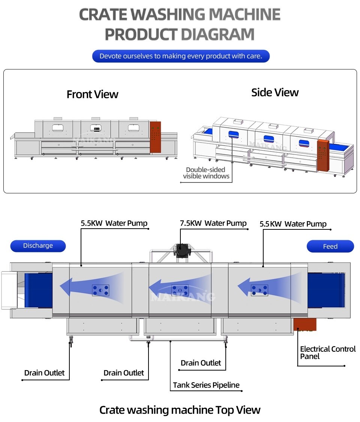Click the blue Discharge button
tap(38, 246)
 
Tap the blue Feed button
tap(330, 247)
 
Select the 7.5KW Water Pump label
tap(213, 223)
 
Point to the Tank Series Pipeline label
tap(206, 385)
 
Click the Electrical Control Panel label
tap(327, 353)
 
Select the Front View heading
tap(92, 94)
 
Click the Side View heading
tap(275, 93)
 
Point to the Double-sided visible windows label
tap(206, 173)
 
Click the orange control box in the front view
tap(155, 137)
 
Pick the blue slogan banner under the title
tap(181, 56)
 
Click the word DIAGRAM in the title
tap(217, 35)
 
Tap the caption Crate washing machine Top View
tap(180, 410)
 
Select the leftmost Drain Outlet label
tap(44, 373)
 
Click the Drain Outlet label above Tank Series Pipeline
tap(201, 363)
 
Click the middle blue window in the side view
tap(269, 139)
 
